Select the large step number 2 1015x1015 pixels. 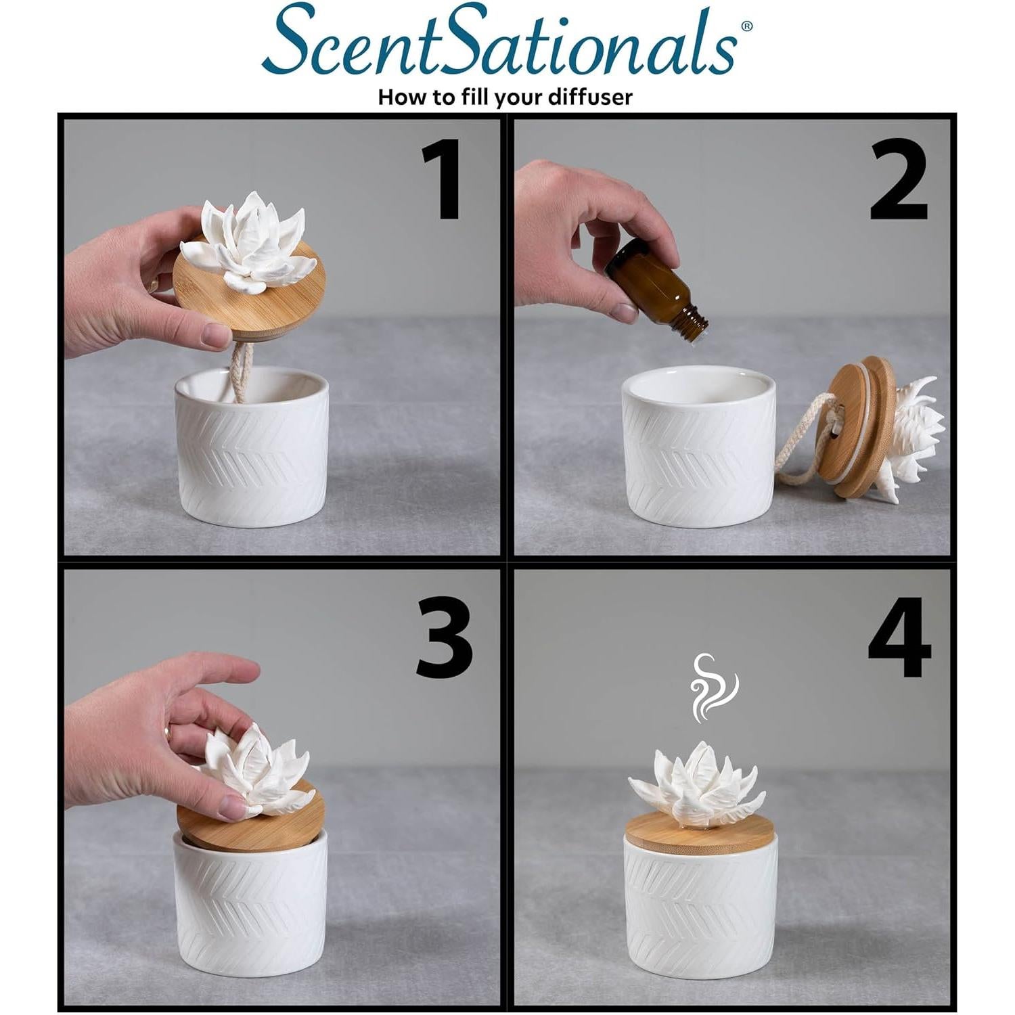coord(898,181)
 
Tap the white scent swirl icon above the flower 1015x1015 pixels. coord(713,686)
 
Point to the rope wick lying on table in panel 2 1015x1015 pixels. coord(798,440)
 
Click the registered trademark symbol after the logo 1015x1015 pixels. coord(746,26)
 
